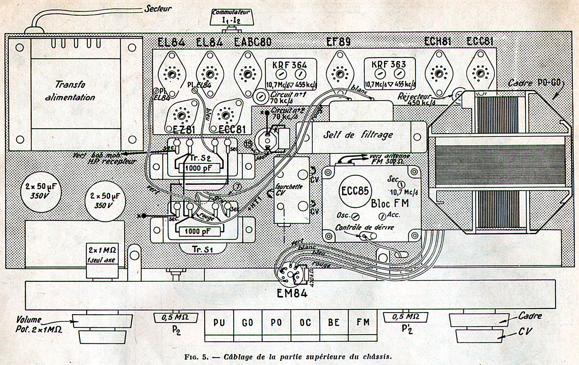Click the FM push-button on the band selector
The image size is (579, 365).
point(363,322)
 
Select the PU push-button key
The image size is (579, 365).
point(219,322)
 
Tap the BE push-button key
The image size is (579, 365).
point(334,322)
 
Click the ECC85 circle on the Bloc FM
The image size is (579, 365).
point(355,191)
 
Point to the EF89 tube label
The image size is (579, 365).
point(338,42)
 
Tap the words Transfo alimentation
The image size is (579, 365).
point(70,91)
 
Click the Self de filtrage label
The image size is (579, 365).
point(358,135)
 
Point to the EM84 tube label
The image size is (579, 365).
point(292,293)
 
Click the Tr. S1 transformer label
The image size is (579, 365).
point(202,249)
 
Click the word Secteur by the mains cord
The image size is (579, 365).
point(158,9)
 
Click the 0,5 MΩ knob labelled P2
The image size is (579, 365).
point(175,318)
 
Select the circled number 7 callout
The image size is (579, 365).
point(237,187)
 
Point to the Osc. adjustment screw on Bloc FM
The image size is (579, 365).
point(356,216)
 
